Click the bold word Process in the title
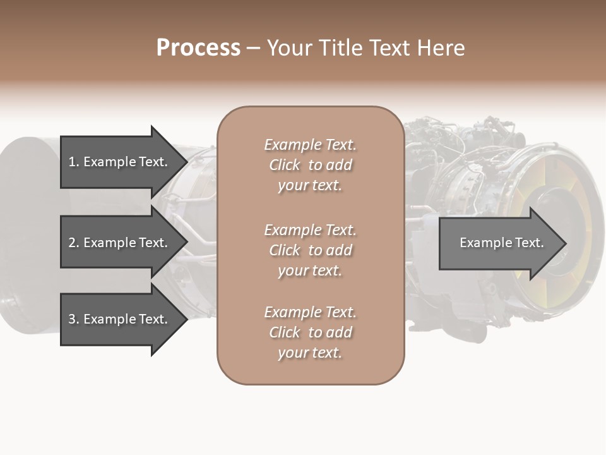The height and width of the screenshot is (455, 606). pyautogui.click(x=198, y=47)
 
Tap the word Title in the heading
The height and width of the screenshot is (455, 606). pyautogui.click(x=343, y=47)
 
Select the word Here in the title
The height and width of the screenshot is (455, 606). pyautogui.click(x=439, y=47)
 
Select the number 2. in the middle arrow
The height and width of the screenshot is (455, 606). pyautogui.click(x=73, y=243)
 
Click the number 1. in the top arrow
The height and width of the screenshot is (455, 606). pyautogui.click(x=73, y=162)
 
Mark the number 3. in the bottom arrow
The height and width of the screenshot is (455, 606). pyautogui.click(x=73, y=319)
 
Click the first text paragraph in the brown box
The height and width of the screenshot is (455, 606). pyautogui.click(x=310, y=165)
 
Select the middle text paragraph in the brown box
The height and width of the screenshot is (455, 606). pyautogui.click(x=310, y=250)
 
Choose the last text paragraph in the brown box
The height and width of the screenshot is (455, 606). pyautogui.click(x=310, y=332)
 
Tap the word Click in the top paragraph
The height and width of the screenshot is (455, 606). pyautogui.click(x=285, y=165)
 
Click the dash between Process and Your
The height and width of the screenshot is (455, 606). pyautogui.click(x=253, y=48)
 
